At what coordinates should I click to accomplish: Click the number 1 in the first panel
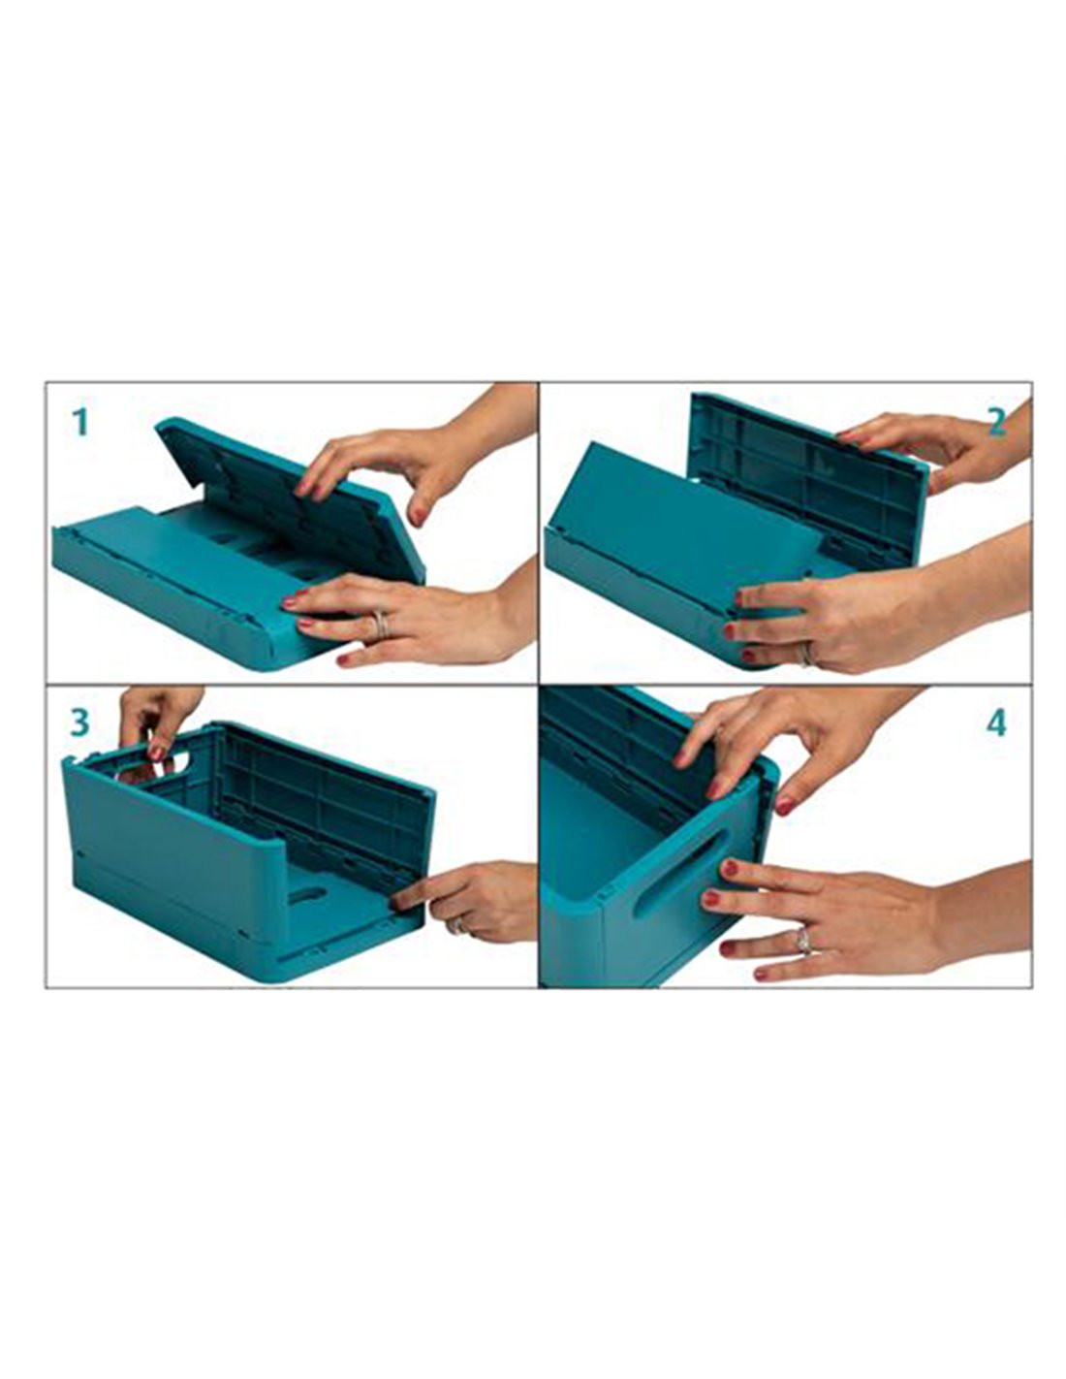pos(79,422)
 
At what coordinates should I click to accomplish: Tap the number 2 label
pos(995,421)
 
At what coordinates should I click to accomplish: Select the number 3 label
pos(79,723)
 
